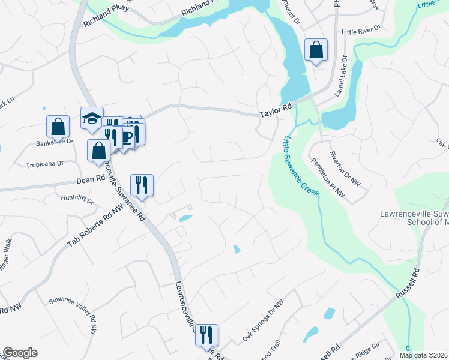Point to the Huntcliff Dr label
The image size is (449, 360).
(x=78, y=198)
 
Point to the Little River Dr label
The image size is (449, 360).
(x=361, y=31)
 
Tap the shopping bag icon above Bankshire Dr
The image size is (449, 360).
(x=58, y=126)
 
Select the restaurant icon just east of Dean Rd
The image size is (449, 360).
(x=142, y=184)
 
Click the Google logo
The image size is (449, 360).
(x=20, y=353)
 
